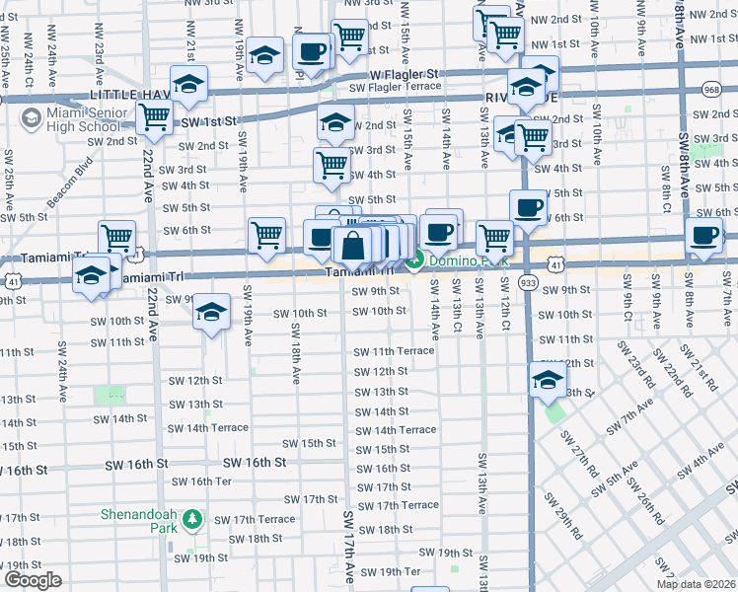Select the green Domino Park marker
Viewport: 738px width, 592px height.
click(415, 259)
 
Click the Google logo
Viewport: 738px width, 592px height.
click(33, 580)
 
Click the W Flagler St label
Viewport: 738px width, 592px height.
click(404, 74)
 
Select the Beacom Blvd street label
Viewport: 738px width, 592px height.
click(70, 176)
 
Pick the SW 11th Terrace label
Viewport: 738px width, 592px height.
click(395, 351)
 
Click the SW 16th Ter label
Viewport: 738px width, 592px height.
click(201, 481)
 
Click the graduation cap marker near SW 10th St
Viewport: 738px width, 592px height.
click(210, 314)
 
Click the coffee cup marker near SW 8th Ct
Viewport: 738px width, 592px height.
click(704, 237)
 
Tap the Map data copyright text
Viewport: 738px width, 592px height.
click(696, 584)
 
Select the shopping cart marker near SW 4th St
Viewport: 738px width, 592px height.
click(332, 167)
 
